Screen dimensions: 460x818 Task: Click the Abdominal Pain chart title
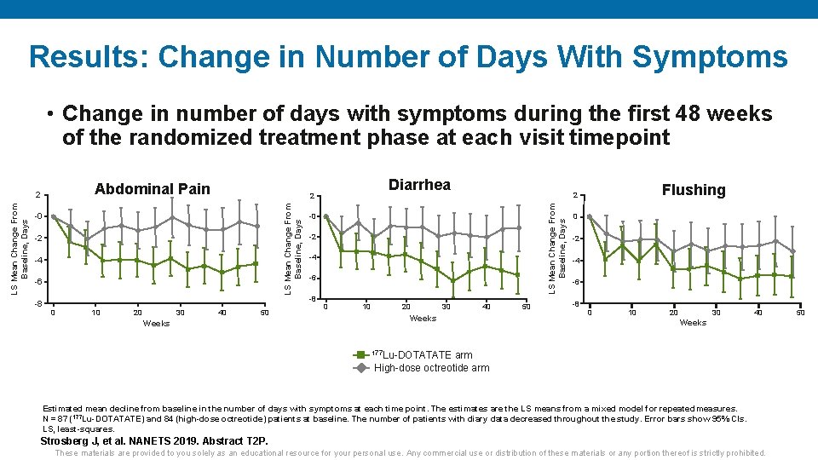click(152, 189)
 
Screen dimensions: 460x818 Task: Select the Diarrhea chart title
click(419, 185)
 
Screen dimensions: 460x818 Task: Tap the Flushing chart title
click(693, 190)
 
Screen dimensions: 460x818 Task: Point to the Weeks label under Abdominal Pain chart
click(156, 323)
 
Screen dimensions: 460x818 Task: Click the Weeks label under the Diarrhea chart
click(423, 318)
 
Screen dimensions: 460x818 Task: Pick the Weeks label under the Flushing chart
click(692, 322)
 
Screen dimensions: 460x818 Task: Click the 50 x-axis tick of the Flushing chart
click(800, 313)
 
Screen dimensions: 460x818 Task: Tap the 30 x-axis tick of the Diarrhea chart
click(446, 307)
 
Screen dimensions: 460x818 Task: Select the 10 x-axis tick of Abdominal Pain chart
click(95, 313)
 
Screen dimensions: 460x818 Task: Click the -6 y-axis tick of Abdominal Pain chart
click(38, 281)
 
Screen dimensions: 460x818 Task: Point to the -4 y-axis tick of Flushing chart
click(577, 260)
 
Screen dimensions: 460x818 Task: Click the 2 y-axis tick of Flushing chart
click(575, 196)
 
